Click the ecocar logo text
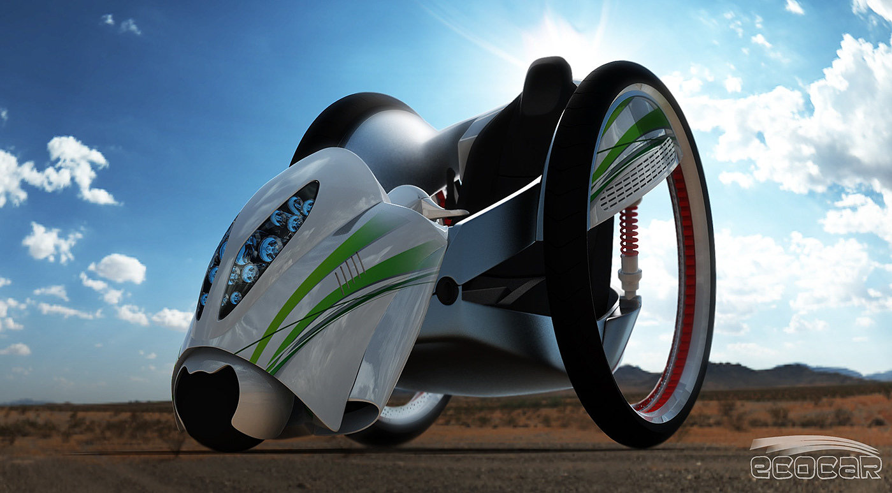(x=816, y=467)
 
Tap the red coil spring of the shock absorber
(x=629, y=231)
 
